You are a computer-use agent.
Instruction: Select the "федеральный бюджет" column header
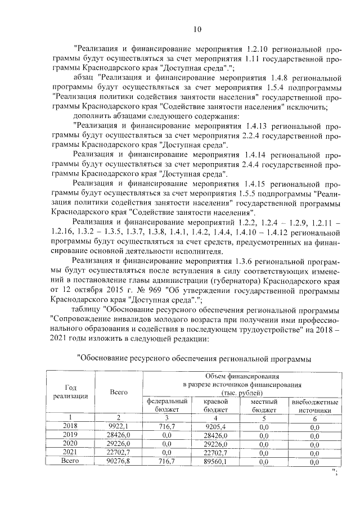tap(166, 406)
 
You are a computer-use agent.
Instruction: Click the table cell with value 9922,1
tap(119, 427)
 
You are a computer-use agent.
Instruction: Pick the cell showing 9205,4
tap(215, 427)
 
